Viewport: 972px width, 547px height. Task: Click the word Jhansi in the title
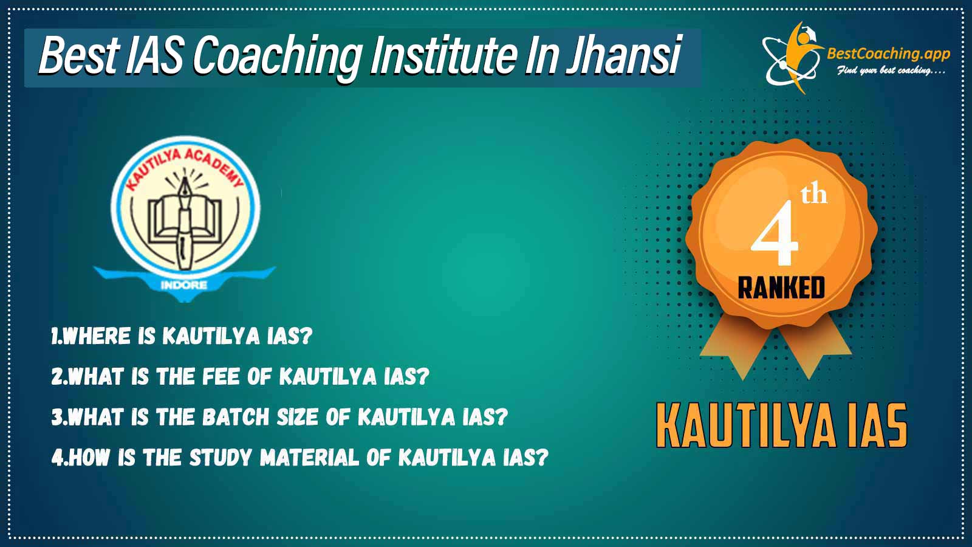coord(623,56)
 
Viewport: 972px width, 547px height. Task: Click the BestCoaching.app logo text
coord(888,54)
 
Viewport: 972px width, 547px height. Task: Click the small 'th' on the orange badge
coord(814,195)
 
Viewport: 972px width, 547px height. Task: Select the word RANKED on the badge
coord(781,288)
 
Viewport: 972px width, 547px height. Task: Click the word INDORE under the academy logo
coord(184,285)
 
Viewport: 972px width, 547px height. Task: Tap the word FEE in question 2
coord(221,376)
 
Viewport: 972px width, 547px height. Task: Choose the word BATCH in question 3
coord(236,417)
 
